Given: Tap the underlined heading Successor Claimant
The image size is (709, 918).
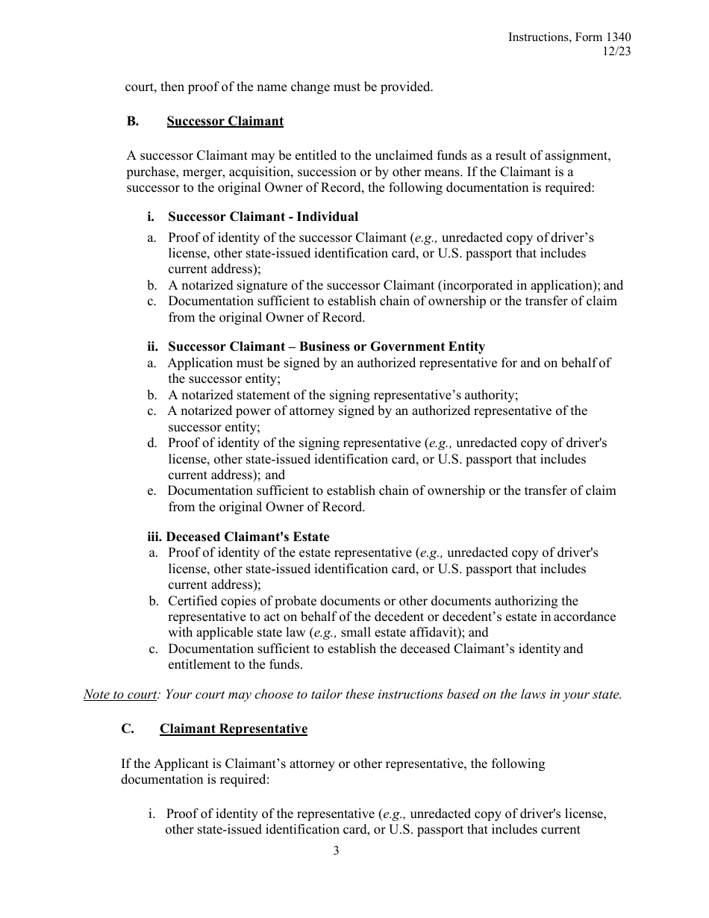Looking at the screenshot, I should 225,121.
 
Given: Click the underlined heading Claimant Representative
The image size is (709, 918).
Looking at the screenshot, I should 233,728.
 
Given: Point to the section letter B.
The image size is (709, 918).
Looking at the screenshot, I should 132,121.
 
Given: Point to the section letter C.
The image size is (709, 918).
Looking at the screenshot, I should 128,728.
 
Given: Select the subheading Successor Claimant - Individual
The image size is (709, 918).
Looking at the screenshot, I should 263,216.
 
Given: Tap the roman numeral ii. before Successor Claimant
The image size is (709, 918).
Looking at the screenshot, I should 154,346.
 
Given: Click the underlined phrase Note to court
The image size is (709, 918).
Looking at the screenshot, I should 119,694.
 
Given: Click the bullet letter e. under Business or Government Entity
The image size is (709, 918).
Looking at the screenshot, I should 152,490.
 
